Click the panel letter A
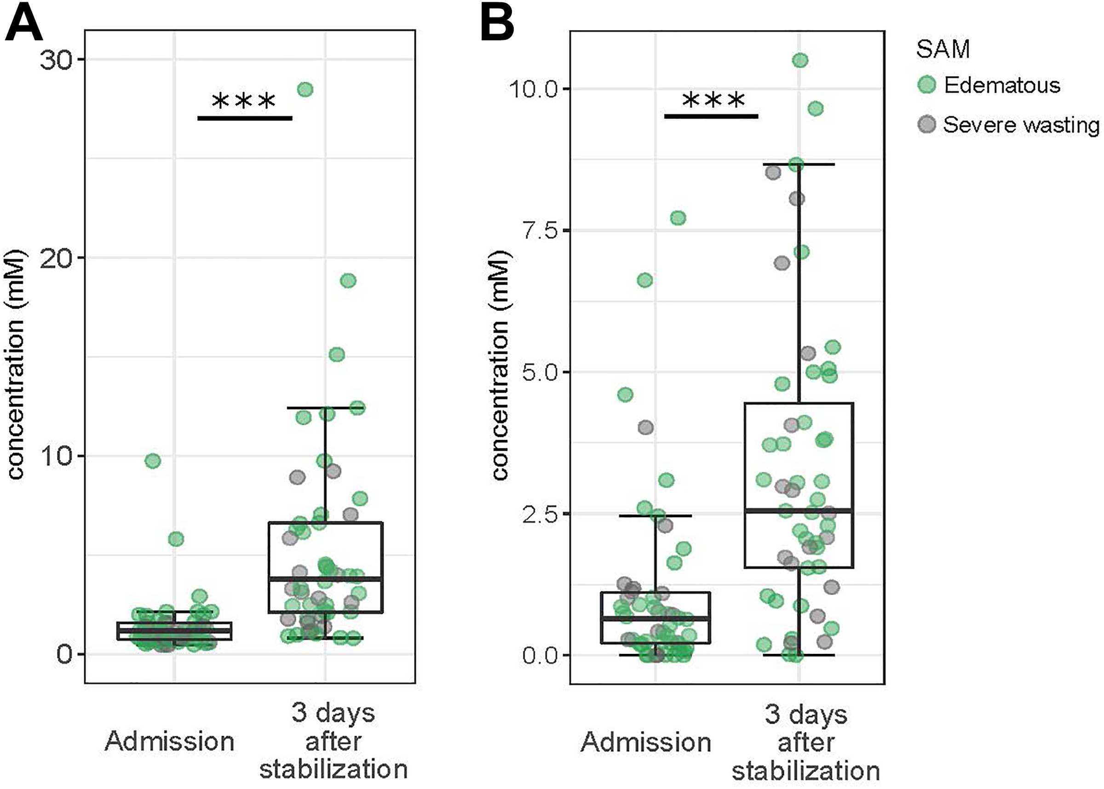23,23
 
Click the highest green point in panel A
305,89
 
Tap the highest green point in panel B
800,60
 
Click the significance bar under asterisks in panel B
711,116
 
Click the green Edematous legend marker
926,85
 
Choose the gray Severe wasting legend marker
926,125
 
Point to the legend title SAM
943,49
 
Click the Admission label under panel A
170,741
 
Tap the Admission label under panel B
646,743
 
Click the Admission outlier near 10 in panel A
153,461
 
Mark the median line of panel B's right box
799,510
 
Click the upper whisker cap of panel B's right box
799,165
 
